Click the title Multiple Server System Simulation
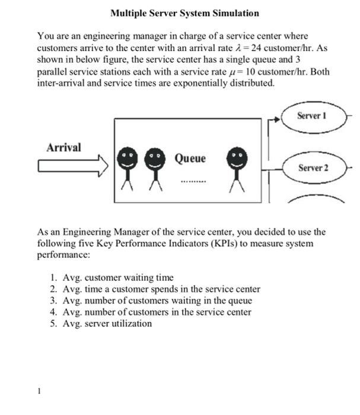184,12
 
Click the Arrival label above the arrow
64,147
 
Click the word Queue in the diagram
190,159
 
